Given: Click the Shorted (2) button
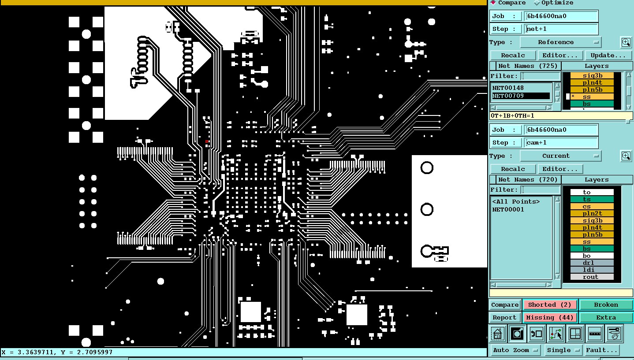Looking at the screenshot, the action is (x=550, y=305).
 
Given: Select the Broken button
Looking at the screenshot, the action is (x=606, y=305).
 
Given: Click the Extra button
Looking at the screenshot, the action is (x=606, y=318).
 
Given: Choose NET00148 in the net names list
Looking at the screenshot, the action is (x=508, y=88).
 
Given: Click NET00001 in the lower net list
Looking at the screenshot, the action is (x=508, y=210).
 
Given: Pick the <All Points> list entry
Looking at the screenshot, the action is (x=516, y=202).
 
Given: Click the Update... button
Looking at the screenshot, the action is (x=608, y=56).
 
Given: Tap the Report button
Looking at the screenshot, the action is (x=504, y=318).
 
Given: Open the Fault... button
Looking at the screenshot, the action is (x=601, y=350).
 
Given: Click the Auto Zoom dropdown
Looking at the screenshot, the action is (x=515, y=350).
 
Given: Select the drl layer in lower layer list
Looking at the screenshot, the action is (x=592, y=263).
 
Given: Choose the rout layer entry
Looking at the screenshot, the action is (x=592, y=277).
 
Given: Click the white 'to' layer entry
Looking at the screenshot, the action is (x=592, y=192).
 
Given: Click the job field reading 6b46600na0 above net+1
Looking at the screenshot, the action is (x=561, y=16).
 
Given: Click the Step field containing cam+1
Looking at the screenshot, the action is (x=561, y=143).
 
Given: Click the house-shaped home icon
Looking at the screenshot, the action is (x=498, y=334).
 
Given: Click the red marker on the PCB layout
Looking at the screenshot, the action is (x=207, y=141).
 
